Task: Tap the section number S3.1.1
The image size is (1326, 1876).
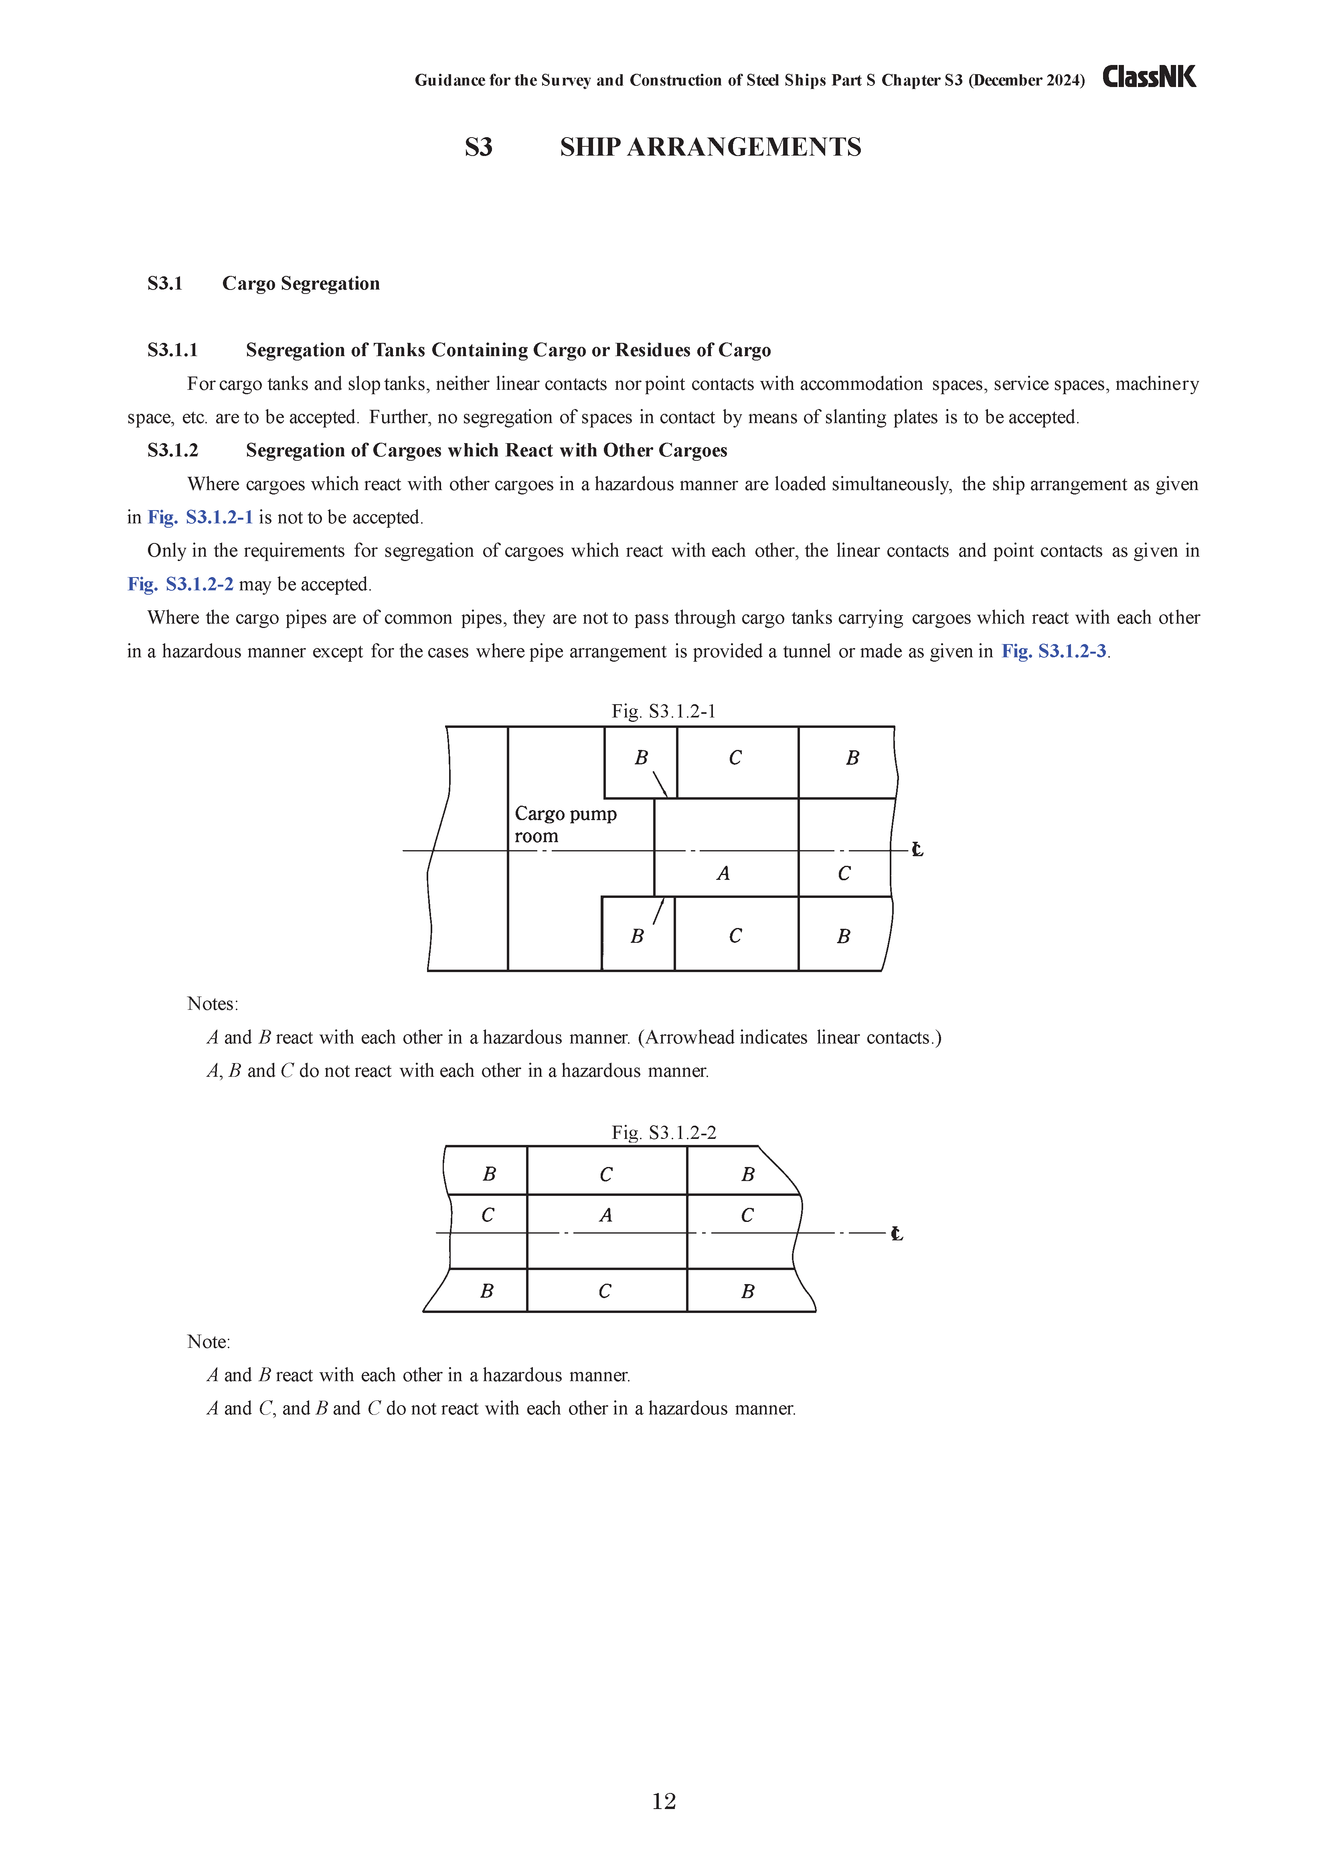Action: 172,350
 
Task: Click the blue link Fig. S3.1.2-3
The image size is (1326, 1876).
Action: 1054,651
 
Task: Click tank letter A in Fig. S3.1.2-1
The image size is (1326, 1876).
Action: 723,873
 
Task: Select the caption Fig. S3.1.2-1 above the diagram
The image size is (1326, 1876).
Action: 664,712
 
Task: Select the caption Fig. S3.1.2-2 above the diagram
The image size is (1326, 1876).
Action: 664,1132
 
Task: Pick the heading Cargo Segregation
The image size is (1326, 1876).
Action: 301,284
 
